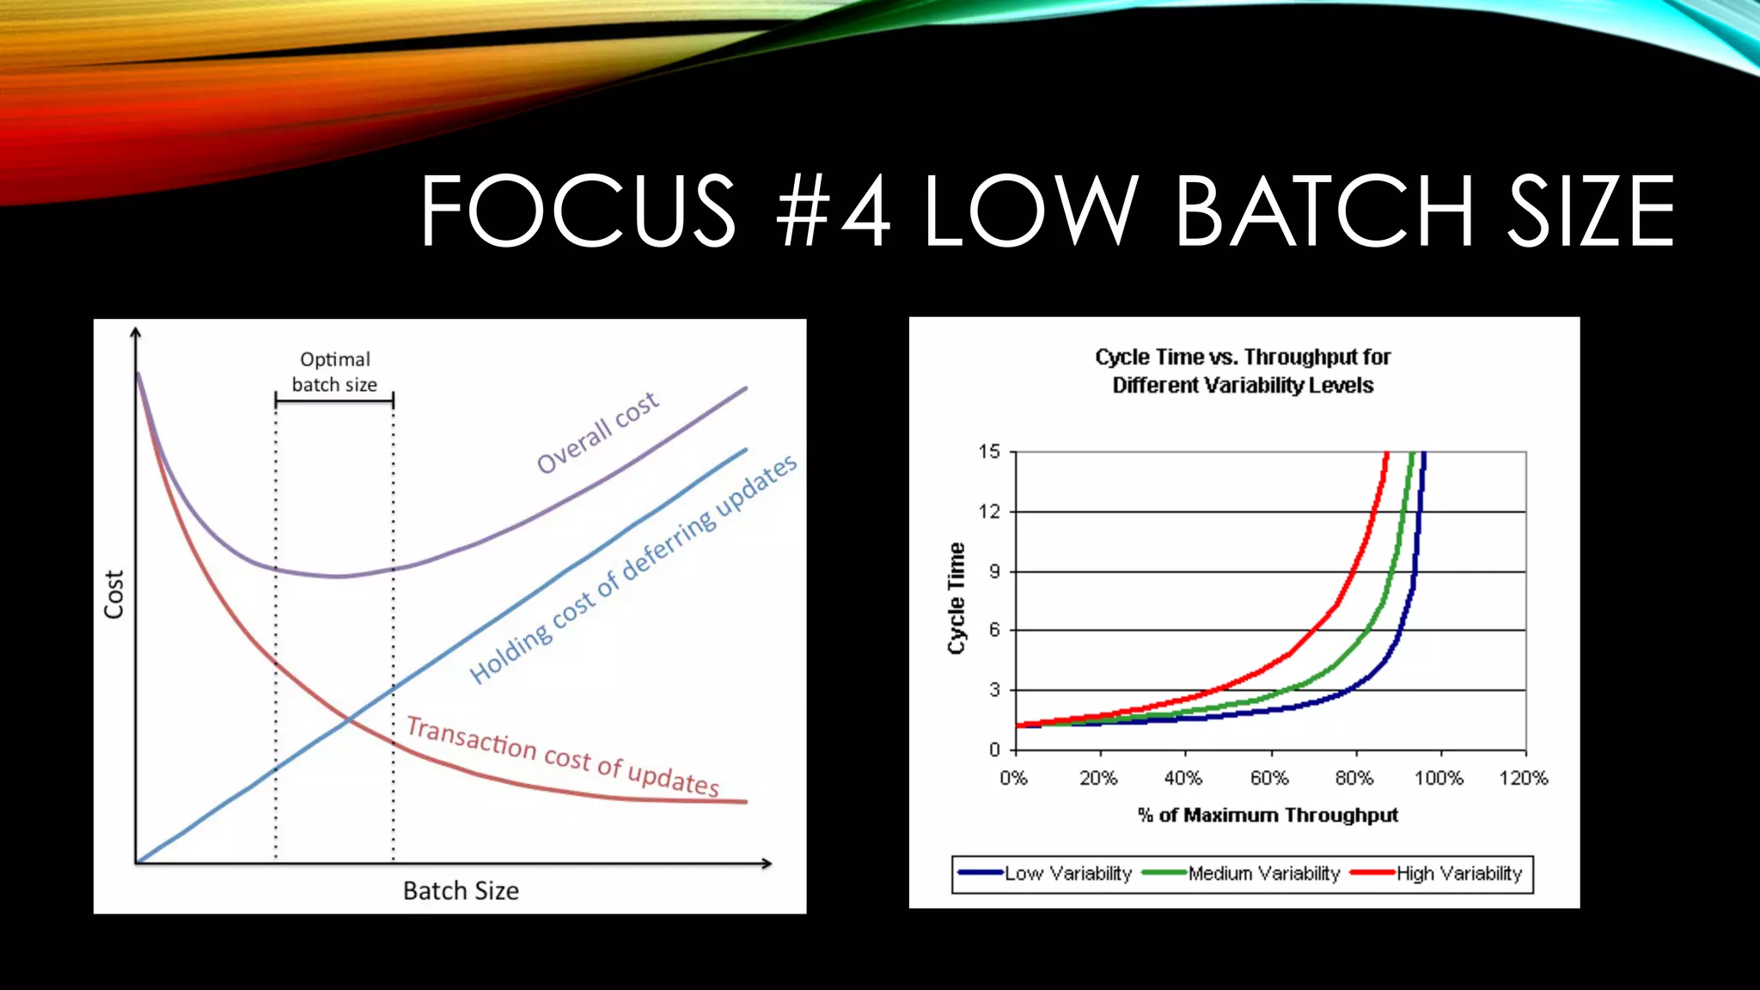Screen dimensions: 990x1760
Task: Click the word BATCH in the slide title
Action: [1324, 211]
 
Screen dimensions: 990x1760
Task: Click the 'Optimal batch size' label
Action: [335, 372]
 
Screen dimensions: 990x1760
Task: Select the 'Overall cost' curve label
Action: [598, 432]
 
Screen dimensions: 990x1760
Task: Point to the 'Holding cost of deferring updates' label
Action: [633, 570]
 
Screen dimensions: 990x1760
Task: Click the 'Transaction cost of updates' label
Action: [563, 755]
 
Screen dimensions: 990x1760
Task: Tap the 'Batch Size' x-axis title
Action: [461, 891]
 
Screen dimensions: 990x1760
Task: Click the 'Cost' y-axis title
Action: [114, 594]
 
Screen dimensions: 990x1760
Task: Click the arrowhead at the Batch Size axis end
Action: [766, 863]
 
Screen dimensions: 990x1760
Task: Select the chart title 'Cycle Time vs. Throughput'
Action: [1243, 370]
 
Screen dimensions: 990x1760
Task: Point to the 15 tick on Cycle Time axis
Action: [989, 452]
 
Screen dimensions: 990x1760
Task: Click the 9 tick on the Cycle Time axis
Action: [994, 571]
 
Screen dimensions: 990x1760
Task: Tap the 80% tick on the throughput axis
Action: [1354, 779]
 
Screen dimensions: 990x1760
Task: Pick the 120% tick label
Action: [1524, 779]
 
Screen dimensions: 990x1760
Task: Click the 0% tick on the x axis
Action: [1014, 779]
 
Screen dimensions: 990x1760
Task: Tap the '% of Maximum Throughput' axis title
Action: [1268, 816]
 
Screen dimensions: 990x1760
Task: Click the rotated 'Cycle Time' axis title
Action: [956, 598]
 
